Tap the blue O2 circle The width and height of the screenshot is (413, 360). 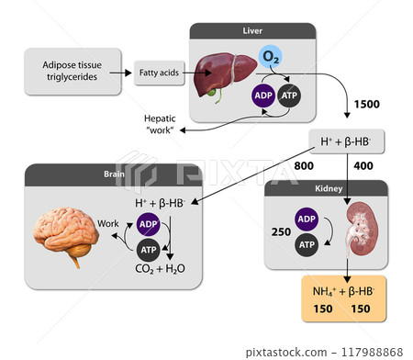tap(271, 57)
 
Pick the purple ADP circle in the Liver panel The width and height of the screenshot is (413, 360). tap(263, 95)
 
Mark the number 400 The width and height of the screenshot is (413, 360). tap(363, 166)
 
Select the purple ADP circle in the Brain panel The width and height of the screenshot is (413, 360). tap(148, 225)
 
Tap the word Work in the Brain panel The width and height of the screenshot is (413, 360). tap(108, 223)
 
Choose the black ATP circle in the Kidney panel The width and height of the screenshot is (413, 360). tap(307, 245)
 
